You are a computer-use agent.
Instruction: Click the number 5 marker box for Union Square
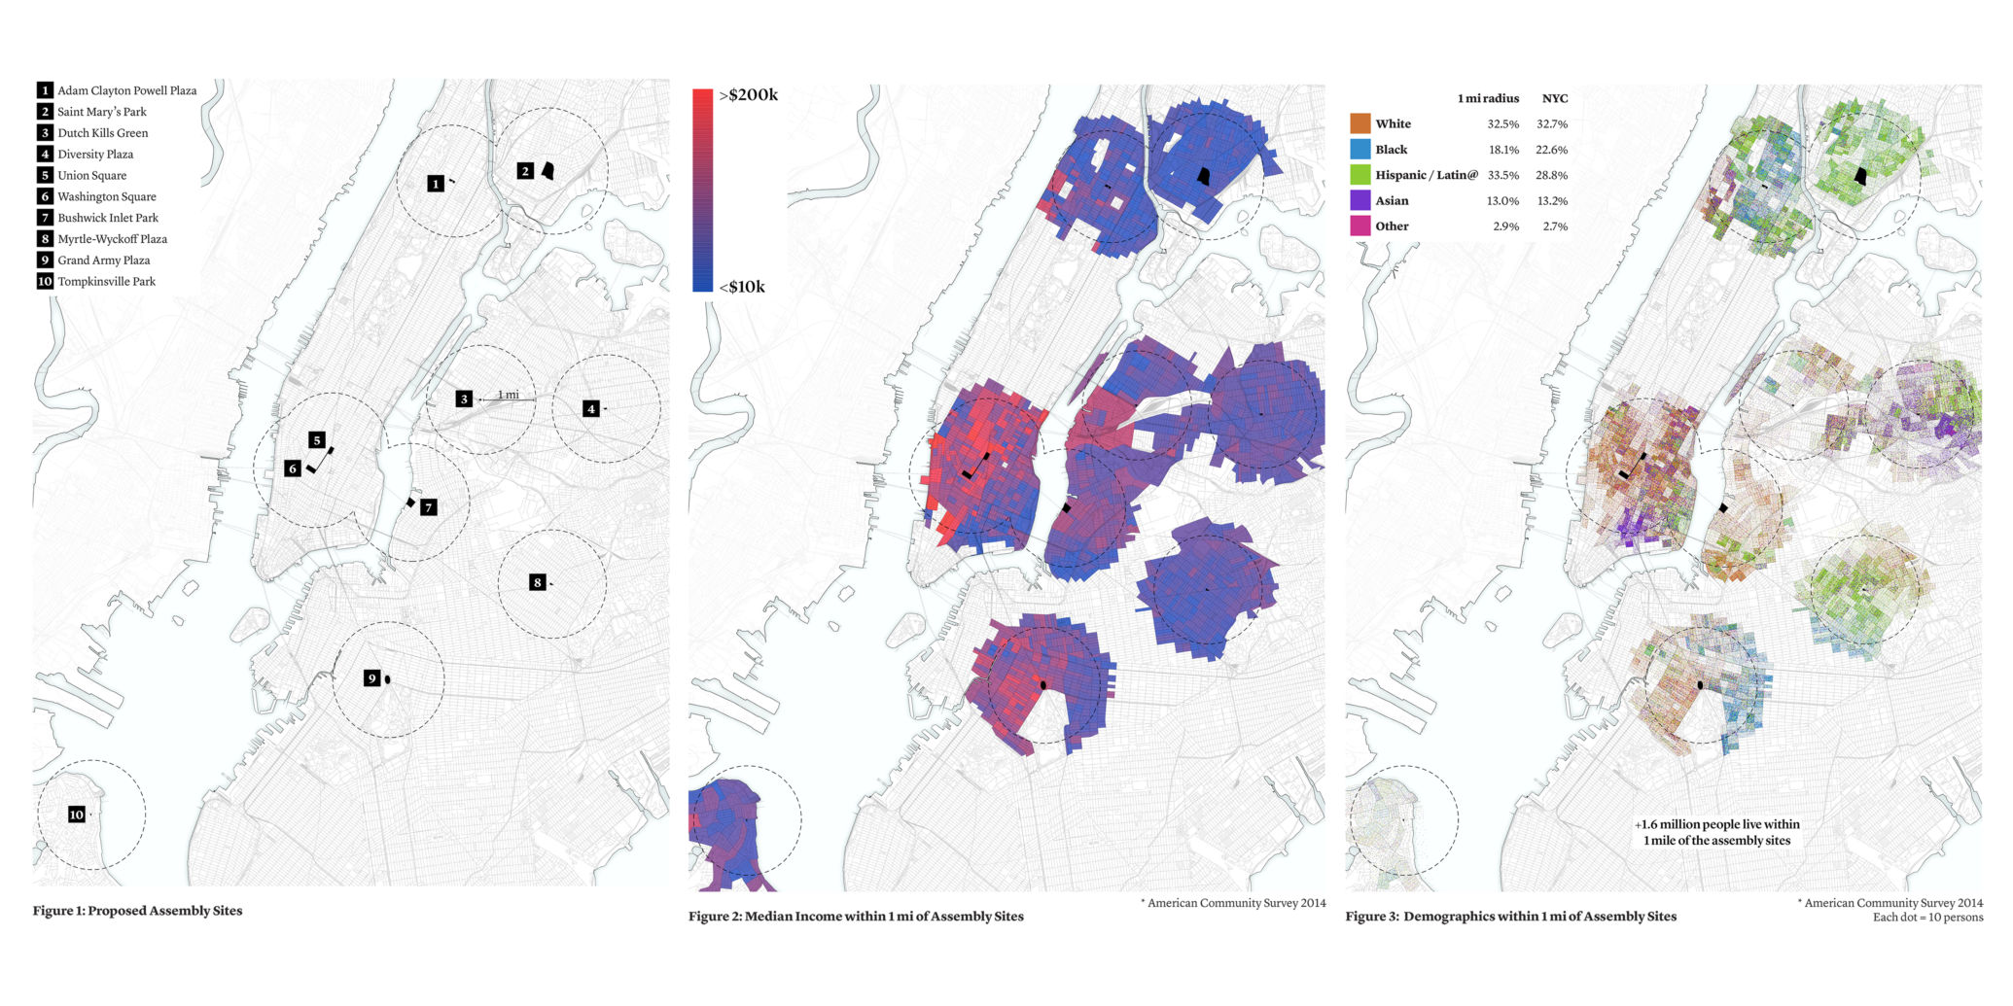point(316,440)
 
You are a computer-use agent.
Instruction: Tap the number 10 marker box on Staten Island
point(76,815)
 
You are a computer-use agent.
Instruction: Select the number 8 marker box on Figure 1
point(537,582)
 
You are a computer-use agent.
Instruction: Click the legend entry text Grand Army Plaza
point(103,260)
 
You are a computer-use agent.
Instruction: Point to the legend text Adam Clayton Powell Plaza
point(126,90)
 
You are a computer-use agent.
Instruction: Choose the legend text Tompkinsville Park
point(106,282)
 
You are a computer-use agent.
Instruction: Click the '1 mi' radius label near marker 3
point(508,395)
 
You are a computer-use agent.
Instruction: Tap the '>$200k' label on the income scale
point(748,95)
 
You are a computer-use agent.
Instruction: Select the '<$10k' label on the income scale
point(742,287)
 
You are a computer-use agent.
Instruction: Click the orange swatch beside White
point(1360,123)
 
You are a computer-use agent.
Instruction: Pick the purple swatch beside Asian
point(1360,200)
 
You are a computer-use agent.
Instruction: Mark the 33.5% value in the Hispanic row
point(1502,175)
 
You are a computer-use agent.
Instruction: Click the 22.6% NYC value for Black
point(1552,150)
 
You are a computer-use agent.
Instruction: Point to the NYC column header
point(1554,98)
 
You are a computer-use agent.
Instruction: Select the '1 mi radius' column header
point(1488,98)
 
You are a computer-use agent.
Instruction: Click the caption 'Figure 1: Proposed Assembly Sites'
point(137,911)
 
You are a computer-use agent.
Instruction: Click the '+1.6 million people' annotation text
point(1716,824)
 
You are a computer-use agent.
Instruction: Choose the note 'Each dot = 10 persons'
point(1927,918)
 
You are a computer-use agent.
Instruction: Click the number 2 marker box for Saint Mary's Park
point(525,171)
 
